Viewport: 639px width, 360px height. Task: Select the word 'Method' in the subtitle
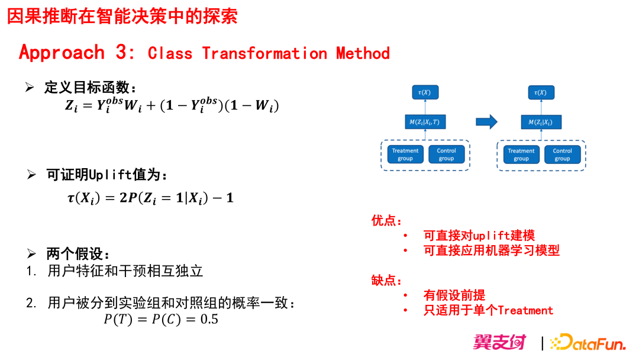pos(363,53)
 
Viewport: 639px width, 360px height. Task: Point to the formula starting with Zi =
pos(172,107)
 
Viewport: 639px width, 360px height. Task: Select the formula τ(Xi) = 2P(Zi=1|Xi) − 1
pos(150,198)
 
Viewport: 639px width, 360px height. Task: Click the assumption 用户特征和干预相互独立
pos(125,271)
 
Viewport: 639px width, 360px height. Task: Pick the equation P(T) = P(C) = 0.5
pos(161,320)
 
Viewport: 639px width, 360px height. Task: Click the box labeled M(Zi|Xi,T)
pos(424,123)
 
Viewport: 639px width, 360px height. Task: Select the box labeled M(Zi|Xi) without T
pos(540,123)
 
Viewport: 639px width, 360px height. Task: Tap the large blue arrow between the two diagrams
pos(486,123)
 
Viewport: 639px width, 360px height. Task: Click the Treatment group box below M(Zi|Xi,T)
pos(405,155)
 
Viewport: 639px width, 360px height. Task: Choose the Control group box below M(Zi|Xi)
pos(562,155)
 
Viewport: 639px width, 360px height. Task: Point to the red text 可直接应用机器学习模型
pos(491,250)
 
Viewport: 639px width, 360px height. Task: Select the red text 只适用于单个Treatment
pos(488,310)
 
